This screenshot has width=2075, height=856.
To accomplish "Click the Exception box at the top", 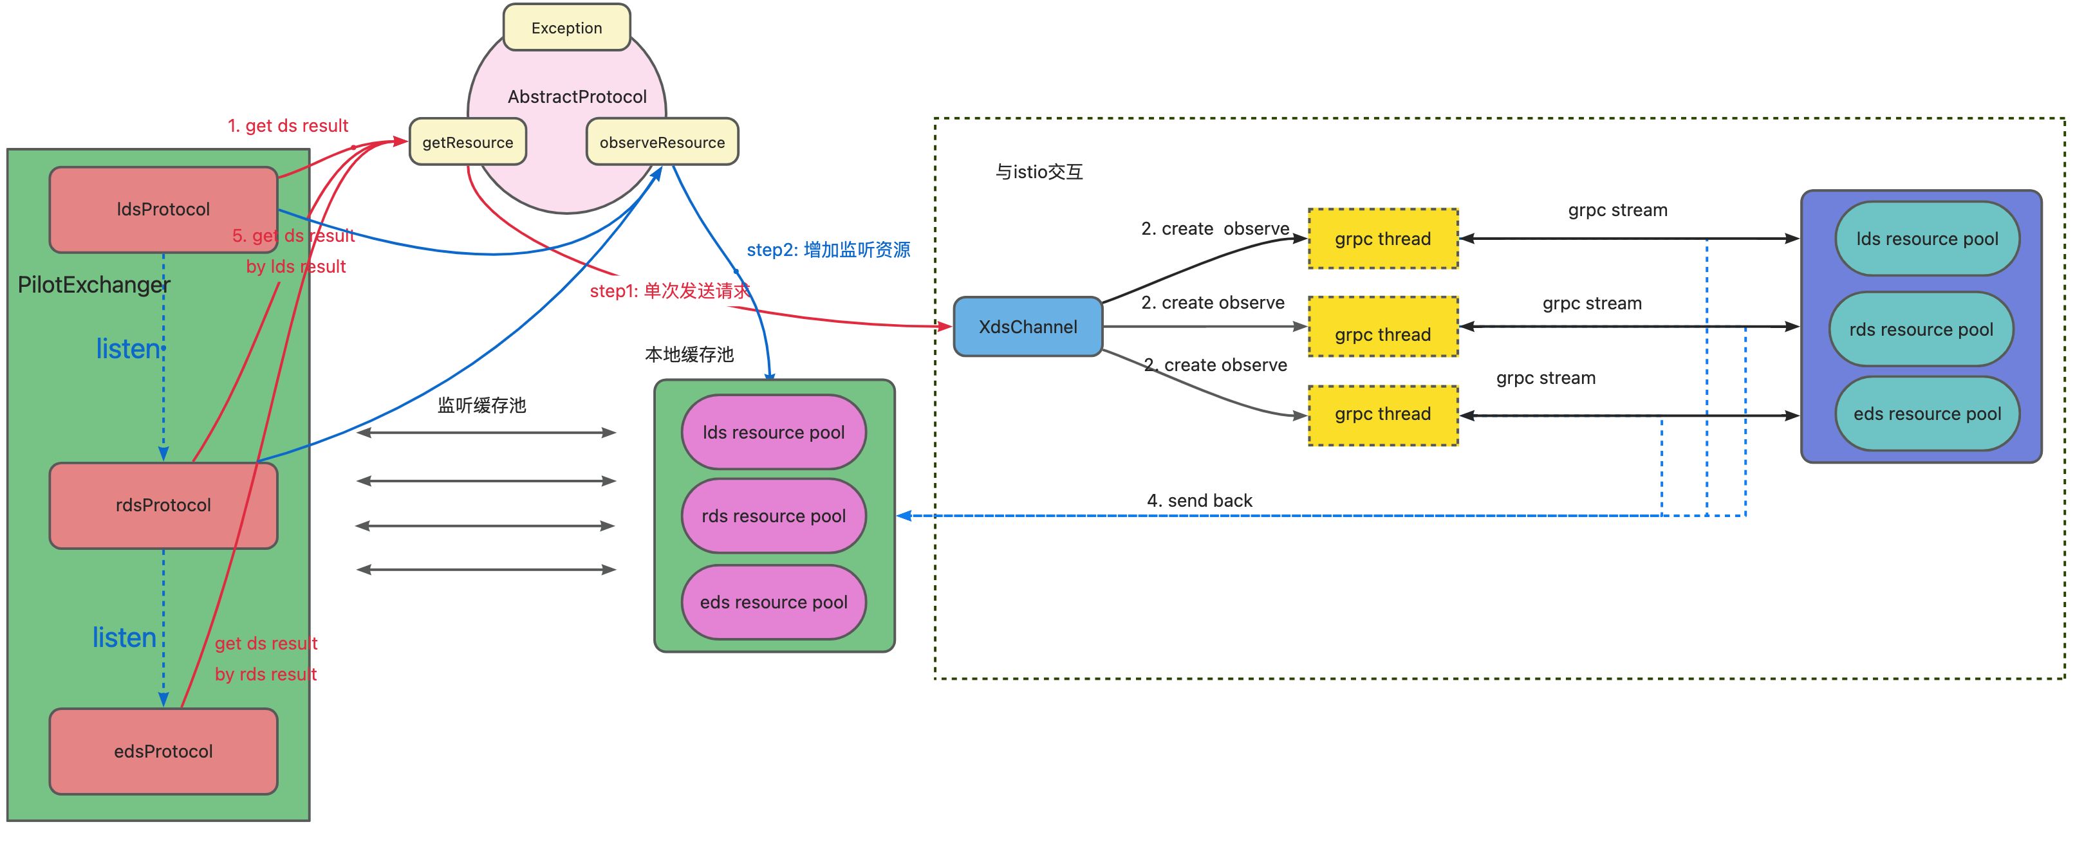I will click(566, 28).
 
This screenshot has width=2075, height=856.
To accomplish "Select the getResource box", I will click(467, 143).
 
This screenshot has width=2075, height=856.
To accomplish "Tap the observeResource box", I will click(662, 143).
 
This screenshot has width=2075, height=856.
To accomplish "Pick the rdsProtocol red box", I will click(163, 505).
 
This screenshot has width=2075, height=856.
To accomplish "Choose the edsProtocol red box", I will click(163, 751).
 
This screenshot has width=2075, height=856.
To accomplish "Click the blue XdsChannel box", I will click(1027, 327).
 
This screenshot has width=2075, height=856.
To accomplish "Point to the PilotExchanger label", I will click(93, 285).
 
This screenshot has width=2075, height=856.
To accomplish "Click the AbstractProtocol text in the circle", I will click(577, 96).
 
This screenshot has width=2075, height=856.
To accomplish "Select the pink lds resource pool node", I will click(773, 432).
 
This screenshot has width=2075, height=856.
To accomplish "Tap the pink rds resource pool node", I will click(773, 516).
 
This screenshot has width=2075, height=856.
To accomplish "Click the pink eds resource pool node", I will click(773, 603).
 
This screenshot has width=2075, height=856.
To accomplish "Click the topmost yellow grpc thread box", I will click(1382, 239).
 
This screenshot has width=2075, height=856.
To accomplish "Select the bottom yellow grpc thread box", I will click(1382, 414).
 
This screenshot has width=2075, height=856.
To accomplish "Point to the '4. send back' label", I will click(1200, 501).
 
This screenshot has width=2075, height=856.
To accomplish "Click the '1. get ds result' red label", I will click(288, 125).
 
